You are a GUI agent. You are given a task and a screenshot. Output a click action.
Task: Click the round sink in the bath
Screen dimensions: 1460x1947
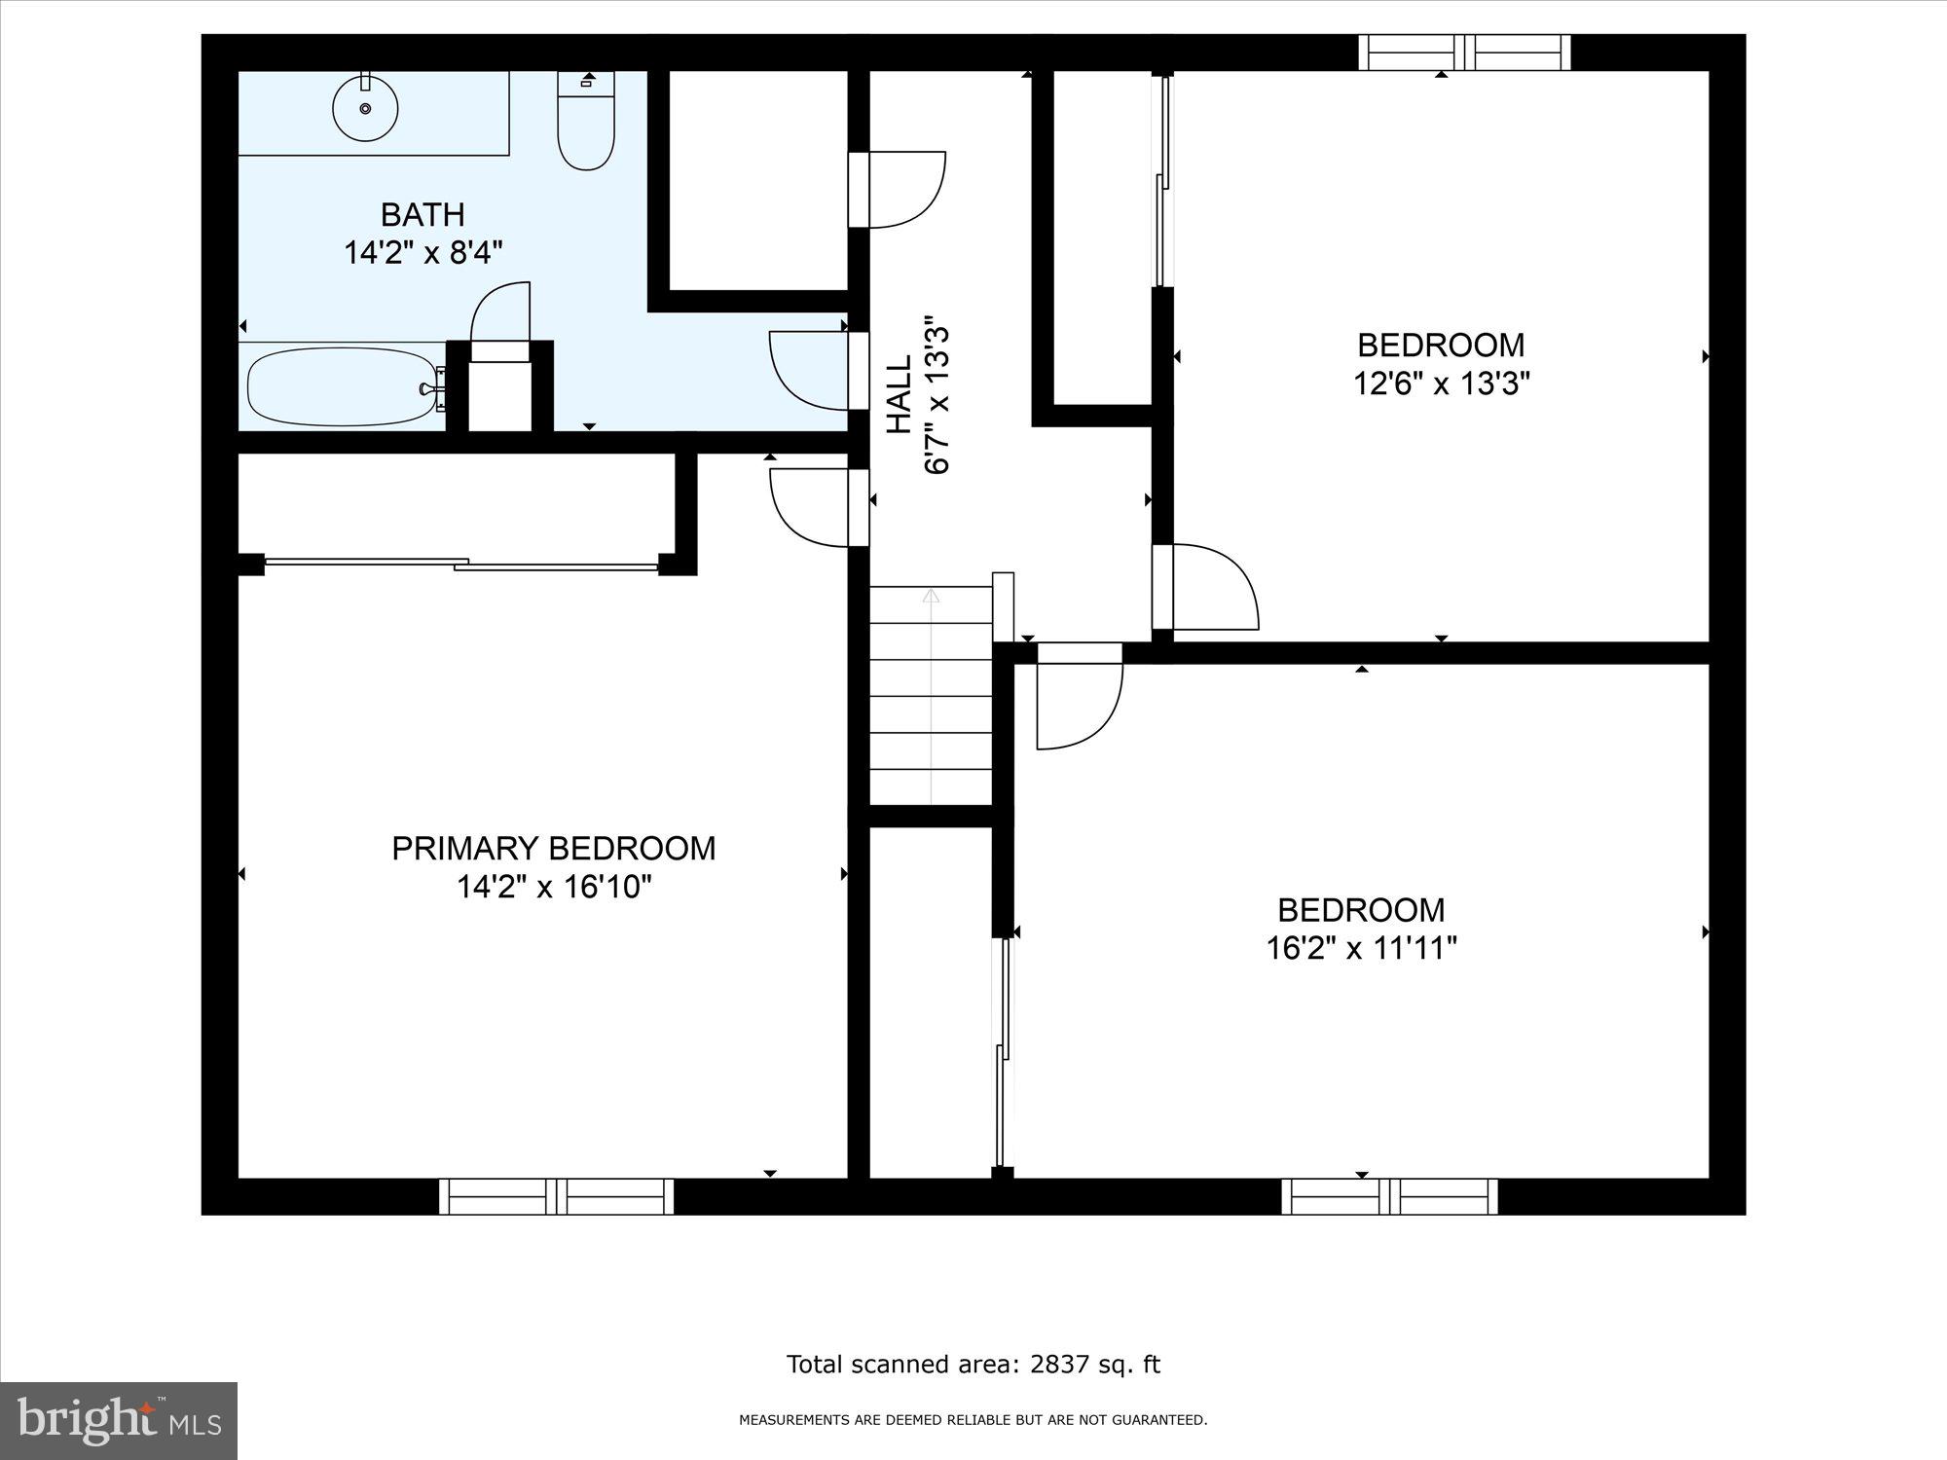(x=365, y=108)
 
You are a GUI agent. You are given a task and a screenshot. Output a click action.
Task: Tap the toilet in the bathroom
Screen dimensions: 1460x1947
(x=586, y=127)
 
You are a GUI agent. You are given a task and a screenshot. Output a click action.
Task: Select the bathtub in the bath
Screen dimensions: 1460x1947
(x=341, y=387)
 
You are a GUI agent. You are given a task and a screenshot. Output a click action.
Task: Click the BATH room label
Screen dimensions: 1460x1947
(x=422, y=214)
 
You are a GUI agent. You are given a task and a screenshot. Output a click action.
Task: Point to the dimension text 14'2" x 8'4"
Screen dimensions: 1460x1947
(x=422, y=254)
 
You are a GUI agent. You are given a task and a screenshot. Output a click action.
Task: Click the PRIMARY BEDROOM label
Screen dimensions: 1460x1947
(x=553, y=849)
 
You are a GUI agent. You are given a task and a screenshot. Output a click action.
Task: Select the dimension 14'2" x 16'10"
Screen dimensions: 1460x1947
(x=553, y=888)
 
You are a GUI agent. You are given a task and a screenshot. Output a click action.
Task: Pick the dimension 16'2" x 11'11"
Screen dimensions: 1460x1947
(x=1361, y=948)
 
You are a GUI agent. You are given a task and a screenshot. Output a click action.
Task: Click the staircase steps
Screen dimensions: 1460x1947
(x=931, y=696)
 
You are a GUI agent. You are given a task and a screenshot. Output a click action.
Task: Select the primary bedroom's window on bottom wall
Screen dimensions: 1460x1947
(x=556, y=1196)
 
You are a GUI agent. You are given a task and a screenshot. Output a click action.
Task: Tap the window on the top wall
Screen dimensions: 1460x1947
(x=1464, y=53)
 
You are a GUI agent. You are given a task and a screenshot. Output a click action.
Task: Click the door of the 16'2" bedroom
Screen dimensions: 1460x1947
(x=1079, y=695)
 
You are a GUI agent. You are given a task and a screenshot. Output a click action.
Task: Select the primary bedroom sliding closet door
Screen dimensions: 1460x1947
(x=461, y=563)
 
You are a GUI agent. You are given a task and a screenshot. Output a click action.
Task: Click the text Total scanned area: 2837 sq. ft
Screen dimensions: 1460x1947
(x=973, y=1365)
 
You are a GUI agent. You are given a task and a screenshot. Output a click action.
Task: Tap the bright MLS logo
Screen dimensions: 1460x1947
(x=119, y=1421)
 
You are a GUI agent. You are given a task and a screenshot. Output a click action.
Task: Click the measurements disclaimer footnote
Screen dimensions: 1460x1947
(x=973, y=1420)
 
